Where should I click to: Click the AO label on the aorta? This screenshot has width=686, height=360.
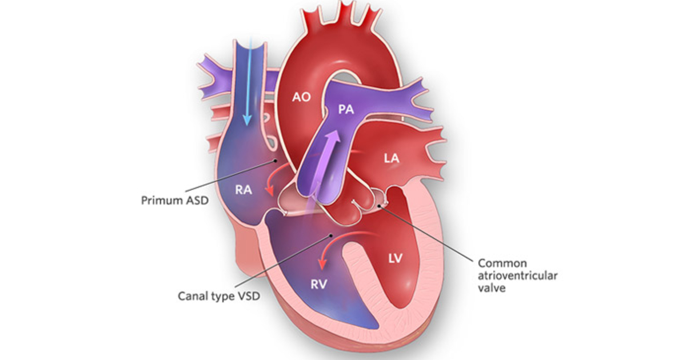coord(301,97)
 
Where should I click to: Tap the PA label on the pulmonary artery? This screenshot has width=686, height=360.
coord(346,109)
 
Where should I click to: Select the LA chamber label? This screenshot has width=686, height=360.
coord(392,158)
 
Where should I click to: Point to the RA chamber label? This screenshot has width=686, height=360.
coord(244,190)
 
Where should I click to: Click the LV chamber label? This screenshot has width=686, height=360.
coord(396,259)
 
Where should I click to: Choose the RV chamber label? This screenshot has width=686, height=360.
coord(319,285)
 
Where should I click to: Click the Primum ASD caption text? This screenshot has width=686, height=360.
coord(174,201)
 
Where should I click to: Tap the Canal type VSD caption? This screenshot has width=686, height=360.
coord(219,296)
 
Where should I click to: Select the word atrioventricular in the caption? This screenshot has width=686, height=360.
coord(517,275)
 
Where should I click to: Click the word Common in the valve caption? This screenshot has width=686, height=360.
coord(498,263)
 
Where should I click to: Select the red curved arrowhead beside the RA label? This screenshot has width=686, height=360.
coord(270,190)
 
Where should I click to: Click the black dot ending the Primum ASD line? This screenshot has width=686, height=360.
coord(275,161)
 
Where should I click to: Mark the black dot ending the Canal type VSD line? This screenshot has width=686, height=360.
coord(331,235)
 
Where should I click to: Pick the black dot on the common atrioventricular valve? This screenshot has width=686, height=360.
coord(379,206)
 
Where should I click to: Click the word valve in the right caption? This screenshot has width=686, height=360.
coord(492,288)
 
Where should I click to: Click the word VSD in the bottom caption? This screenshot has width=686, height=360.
coord(248,296)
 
